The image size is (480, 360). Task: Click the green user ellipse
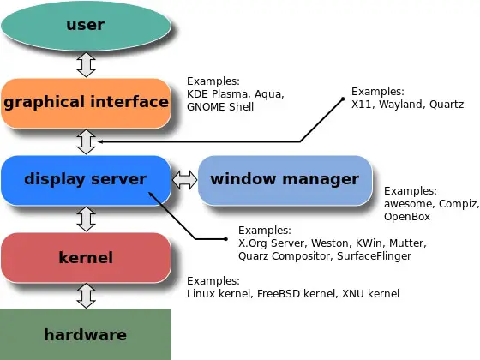(x=86, y=25)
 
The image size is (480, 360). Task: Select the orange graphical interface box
(x=86, y=103)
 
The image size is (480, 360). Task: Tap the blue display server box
(x=86, y=179)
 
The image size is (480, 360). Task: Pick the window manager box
(x=285, y=179)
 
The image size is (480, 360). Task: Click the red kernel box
(x=86, y=257)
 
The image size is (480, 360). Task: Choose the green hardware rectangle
(x=86, y=334)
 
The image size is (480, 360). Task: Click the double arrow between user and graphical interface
(x=86, y=63)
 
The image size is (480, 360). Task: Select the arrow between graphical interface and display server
(x=86, y=141)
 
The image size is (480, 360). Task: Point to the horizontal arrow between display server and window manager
(x=184, y=180)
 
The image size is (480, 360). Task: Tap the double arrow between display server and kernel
(x=86, y=219)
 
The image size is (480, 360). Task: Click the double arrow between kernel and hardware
(x=86, y=296)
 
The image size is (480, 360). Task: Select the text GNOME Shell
(x=220, y=107)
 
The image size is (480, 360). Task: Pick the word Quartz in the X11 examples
(x=446, y=103)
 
